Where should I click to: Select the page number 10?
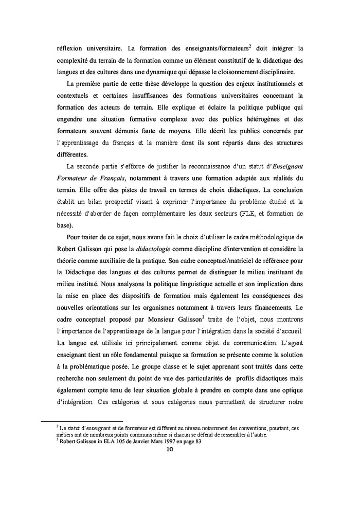[172, 449]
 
